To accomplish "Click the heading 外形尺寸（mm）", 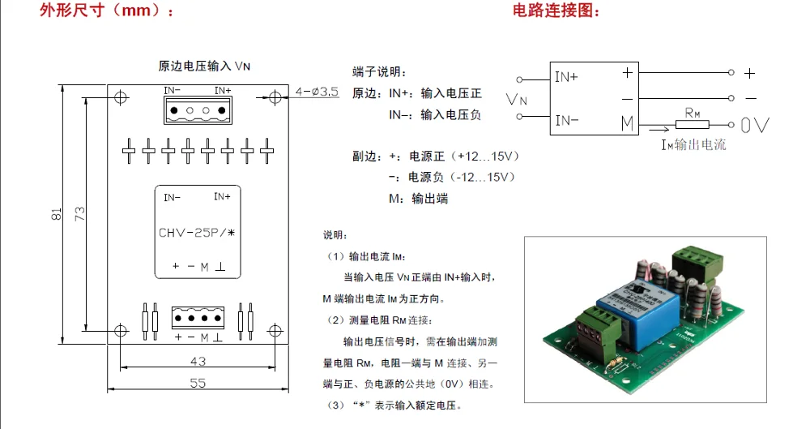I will pyautogui.click(x=107, y=12).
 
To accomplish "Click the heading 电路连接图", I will pyautogui.click(x=558, y=11).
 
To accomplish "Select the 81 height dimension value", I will pyautogui.click(x=56, y=214).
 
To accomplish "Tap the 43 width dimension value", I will pyautogui.click(x=197, y=360).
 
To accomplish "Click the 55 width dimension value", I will pyautogui.click(x=198, y=383).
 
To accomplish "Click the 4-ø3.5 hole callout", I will pyautogui.click(x=317, y=92).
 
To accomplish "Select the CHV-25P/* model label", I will pyautogui.click(x=197, y=234).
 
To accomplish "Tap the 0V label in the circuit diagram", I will pyautogui.click(x=755, y=125).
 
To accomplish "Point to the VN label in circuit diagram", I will pyautogui.click(x=516, y=100).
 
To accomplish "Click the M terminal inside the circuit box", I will pyautogui.click(x=627, y=123).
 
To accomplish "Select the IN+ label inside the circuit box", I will pyautogui.click(x=566, y=77).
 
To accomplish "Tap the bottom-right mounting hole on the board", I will pyautogui.click(x=275, y=331).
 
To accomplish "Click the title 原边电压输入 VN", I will pyautogui.click(x=204, y=65).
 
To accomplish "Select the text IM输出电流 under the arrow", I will pyautogui.click(x=693, y=145).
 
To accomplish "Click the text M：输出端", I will pyautogui.click(x=418, y=198).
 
